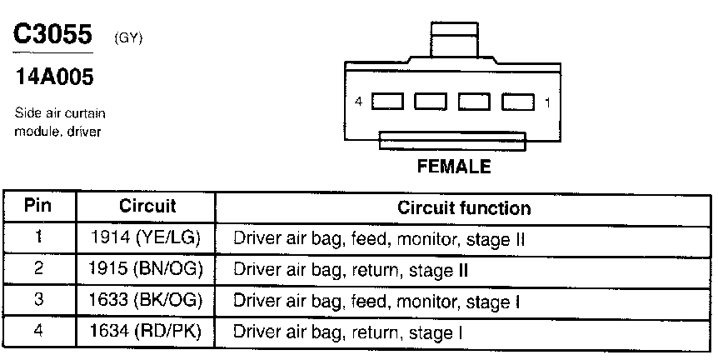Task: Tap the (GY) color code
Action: pos(127,38)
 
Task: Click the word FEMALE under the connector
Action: pos(453,167)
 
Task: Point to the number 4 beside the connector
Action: pos(358,102)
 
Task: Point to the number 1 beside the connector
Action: pos(547,102)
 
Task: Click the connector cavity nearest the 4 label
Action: pos(387,102)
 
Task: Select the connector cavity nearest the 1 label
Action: pos(517,102)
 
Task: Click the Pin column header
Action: pos(38,207)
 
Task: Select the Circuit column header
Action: pos(147,207)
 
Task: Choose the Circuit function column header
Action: pos(463,207)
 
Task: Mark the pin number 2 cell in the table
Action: pos(38,270)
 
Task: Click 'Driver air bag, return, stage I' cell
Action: pos(348,333)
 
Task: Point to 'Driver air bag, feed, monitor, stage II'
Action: pos(378,239)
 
